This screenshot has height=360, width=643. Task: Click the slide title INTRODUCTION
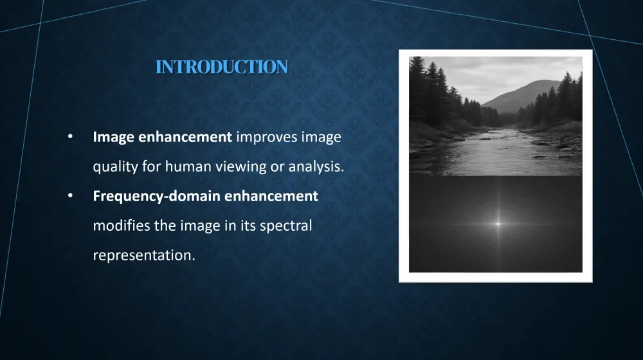coord(221,67)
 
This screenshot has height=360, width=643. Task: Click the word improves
coord(264,137)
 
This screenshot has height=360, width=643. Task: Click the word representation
coord(143,255)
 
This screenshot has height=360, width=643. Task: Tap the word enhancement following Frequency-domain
coord(271,197)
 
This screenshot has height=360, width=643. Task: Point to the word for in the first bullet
coord(151,167)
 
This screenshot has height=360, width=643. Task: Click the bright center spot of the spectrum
coord(497,224)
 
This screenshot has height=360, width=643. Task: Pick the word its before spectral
coord(248,226)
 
